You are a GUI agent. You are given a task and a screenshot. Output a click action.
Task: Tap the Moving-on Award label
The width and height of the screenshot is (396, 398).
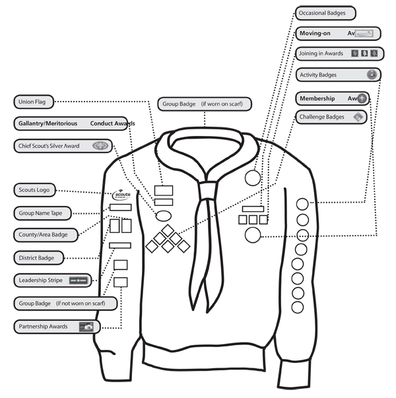point(337,33)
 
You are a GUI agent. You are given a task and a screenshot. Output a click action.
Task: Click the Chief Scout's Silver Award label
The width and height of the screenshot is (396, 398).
point(62,145)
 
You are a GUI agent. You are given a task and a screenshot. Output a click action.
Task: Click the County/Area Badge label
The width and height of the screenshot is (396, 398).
point(44,234)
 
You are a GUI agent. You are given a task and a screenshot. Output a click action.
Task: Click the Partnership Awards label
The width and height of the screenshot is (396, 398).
point(57,326)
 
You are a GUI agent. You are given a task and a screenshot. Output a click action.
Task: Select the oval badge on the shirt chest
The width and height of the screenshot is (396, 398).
point(163,215)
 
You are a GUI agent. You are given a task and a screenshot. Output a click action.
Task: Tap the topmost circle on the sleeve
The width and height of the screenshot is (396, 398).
point(302,205)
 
